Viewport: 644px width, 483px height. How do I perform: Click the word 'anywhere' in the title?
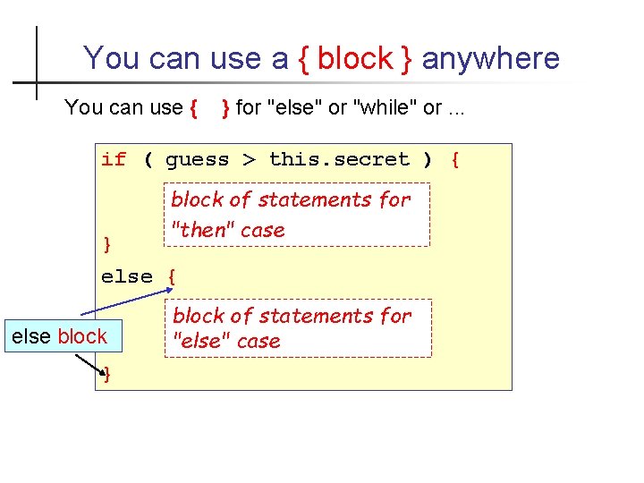[x=490, y=59]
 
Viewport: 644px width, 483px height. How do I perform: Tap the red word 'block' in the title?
[x=354, y=59]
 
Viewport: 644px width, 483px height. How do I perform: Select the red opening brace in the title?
[x=304, y=59]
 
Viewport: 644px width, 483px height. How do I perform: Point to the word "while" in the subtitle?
[x=386, y=108]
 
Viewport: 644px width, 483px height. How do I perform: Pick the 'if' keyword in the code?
[x=114, y=160]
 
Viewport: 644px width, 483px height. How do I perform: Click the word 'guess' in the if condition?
[x=197, y=160]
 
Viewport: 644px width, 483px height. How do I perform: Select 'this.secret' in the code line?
[x=338, y=160]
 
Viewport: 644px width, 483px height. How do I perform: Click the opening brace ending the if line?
[x=455, y=160]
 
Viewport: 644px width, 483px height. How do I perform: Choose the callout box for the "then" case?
[x=295, y=215]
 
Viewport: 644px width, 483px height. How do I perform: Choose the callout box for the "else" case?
[x=298, y=328]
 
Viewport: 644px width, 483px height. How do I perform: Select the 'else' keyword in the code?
[x=127, y=276]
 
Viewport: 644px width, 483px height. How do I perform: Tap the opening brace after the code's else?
[x=171, y=276]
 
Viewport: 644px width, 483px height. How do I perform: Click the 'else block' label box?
[x=58, y=336]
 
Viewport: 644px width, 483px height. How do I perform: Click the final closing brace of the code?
[x=108, y=376]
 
